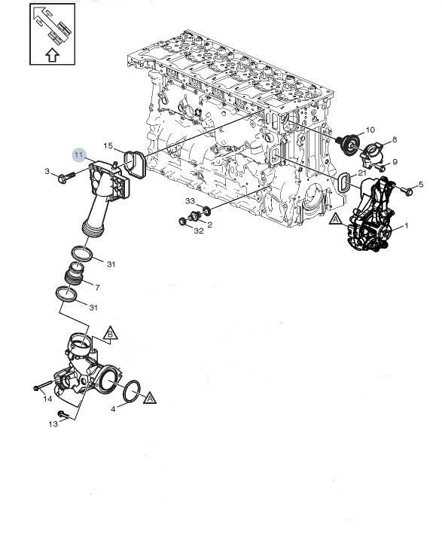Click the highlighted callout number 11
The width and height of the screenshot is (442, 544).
[x=79, y=154]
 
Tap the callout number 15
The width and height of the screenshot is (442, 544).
[x=108, y=145]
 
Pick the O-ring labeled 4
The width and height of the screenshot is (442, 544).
[x=131, y=390]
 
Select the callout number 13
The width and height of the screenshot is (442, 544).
[x=53, y=424]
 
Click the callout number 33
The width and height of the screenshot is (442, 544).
[x=190, y=202]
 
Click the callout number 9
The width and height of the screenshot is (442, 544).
[x=395, y=161]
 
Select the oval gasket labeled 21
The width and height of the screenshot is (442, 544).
[x=346, y=183]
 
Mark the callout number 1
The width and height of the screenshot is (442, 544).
[x=407, y=225]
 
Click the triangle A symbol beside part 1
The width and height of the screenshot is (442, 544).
[x=336, y=220]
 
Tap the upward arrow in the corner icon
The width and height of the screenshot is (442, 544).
[x=51, y=54]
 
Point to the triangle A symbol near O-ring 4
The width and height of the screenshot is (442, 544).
[x=149, y=396]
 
